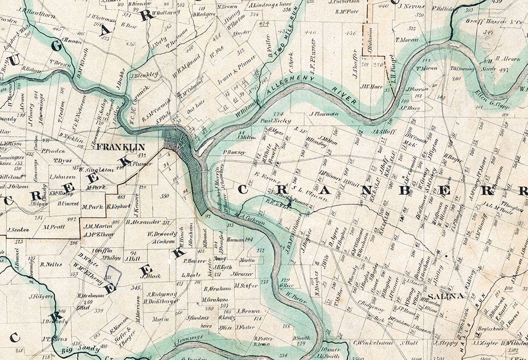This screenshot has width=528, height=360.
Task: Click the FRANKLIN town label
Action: (120, 147)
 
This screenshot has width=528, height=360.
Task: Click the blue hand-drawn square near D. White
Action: (113, 275)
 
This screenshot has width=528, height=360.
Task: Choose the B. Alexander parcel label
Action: (143, 222)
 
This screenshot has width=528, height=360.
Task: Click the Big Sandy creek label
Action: (74, 349)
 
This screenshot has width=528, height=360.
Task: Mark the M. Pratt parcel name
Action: (54, 227)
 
